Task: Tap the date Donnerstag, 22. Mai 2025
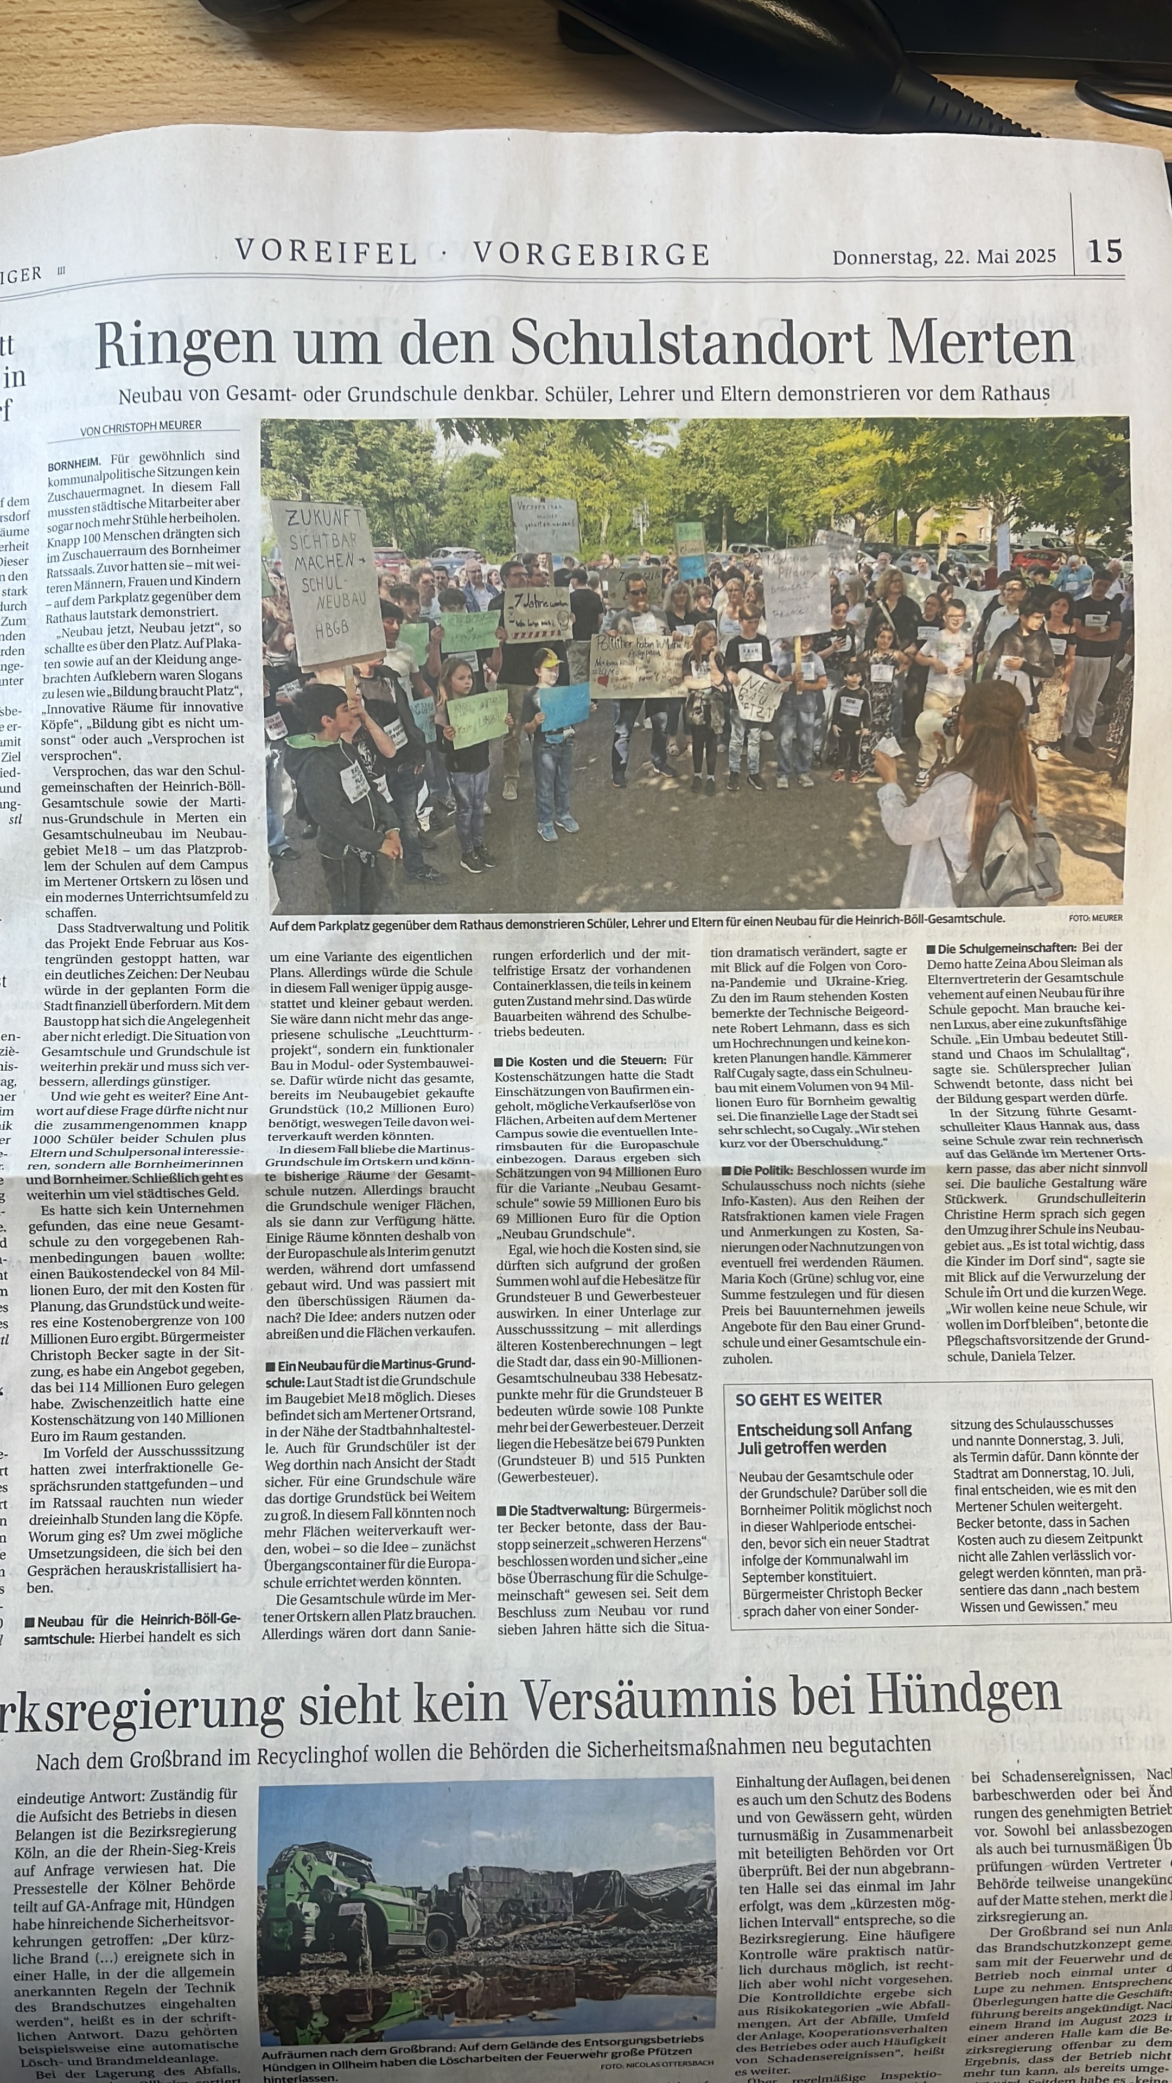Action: pyautogui.click(x=944, y=257)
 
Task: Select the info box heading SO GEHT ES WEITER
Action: pyautogui.click(x=808, y=1399)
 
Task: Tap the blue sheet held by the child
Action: pyautogui.click(x=564, y=706)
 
